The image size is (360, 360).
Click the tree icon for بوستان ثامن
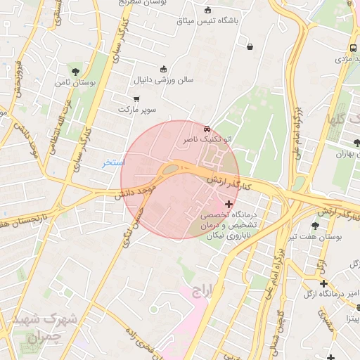pyautogui.click(x=75, y=71)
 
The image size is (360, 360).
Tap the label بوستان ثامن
pyautogui.click(x=75, y=83)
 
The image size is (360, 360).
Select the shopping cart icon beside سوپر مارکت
pyautogui.click(x=136, y=99)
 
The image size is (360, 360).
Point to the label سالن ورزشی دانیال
pyautogui.click(x=165, y=81)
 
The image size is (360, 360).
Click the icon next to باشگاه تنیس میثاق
pyautogui.click(x=207, y=10)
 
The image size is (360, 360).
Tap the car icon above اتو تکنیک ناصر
pyautogui.click(x=206, y=130)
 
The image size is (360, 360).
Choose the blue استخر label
pyautogui.click(x=112, y=162)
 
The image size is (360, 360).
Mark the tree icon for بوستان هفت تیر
pyautogui.click(x=314, y=226)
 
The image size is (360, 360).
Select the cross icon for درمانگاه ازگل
pyautogui.click(x=323, y=283)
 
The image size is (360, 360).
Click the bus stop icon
pyautogui.click(x=352, y=49)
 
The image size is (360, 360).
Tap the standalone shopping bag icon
pyautogui.click(x=250, y=47)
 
